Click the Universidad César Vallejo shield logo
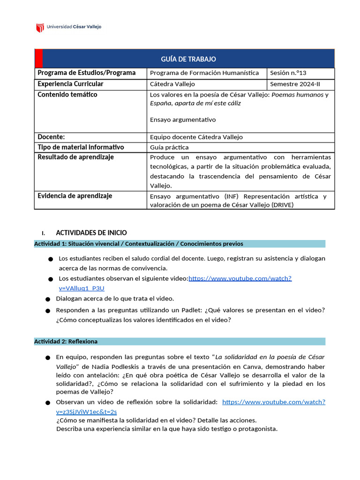pyautogui.click(x=40, y=28)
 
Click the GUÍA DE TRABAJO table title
pyautogui.click(x=188, y=59)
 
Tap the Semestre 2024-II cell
pyautogui.click(x=294, y=84)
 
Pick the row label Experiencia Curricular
pyautogui.click(x=70, y=84)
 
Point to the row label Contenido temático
pyautogui.click(x=67, y=95)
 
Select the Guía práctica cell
pyautogui.click(x=169, y=147)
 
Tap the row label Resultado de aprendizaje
pyautogui.click(x=75, y=157)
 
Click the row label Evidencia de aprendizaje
pyautogui.click(x=75, y=196)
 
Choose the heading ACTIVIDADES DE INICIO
pyautogui.click(x=91, y=233)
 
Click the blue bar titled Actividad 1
pyautogui.click(x=180, y=244)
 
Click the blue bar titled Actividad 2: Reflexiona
pyautogui.click(x=180, y=341)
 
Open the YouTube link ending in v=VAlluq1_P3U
pyautogui.click(x=240, y=278)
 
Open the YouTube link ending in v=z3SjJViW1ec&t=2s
pyautogui.click(x=273, y=402)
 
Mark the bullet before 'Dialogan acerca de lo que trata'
pyautogui.click(x=48, y=299)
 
